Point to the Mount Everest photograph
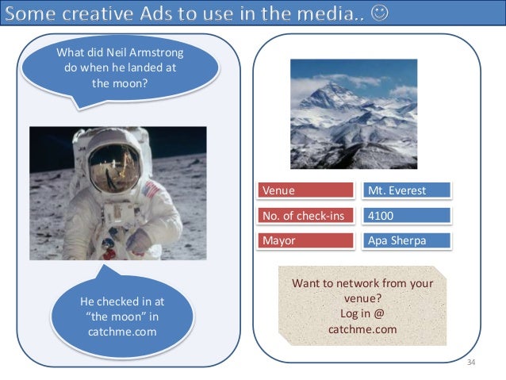(x=353, y=114)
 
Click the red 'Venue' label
(x=306, y=190)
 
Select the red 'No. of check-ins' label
(x=306, y=216)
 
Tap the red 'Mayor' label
(x=306, y=240)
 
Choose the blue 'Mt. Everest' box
(x=407, y=190)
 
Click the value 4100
(x=381, y=216)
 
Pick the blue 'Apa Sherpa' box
(x=407, y=240)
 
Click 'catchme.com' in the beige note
(x=362, y=328)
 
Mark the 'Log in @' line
(x=362, y=313)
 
